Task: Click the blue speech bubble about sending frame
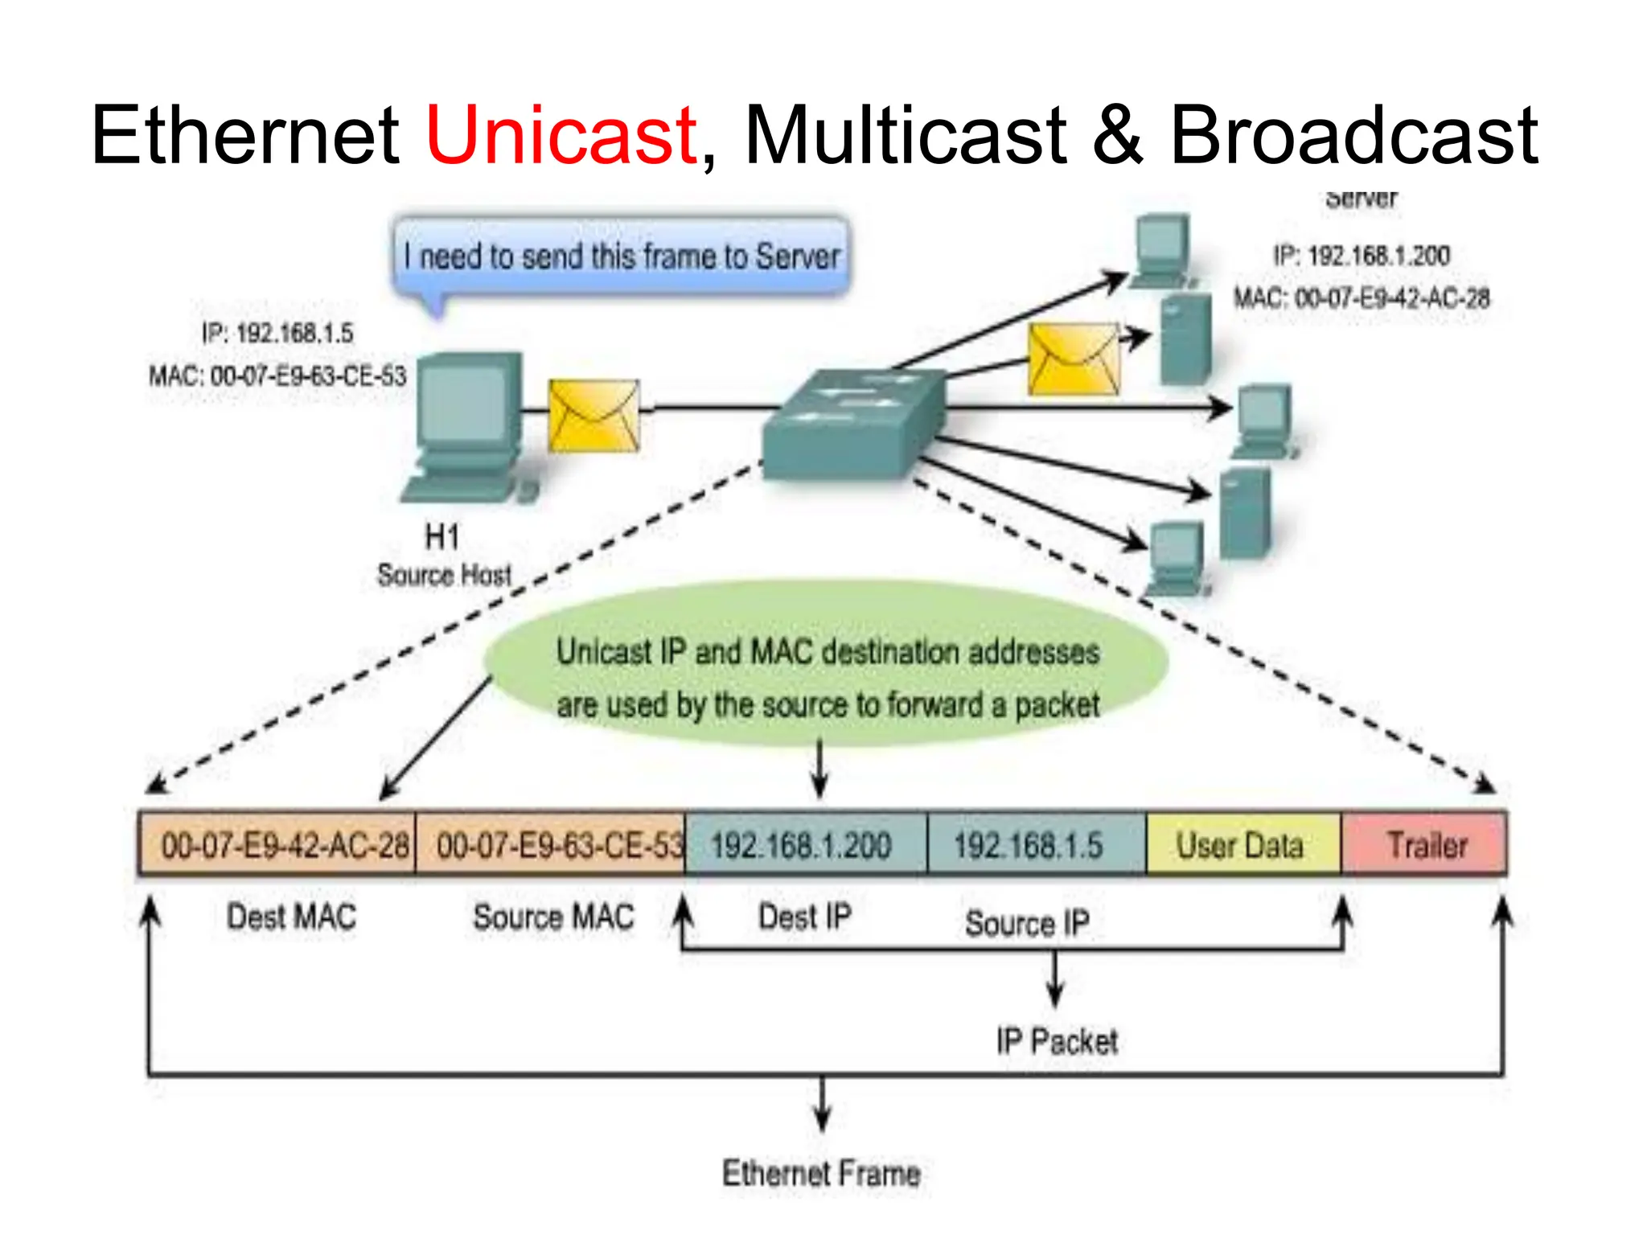pos(621,256)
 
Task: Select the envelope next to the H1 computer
pos(593,416)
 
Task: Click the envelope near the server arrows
pos(1074,359)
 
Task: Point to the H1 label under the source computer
pos(442,536)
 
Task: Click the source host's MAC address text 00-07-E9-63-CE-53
pos(277,375)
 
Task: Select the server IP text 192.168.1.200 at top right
pos(1362,256)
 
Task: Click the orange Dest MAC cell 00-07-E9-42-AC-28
pos(278,844)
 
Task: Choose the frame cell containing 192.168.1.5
pos(1036,844)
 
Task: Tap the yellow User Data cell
pos(1242,844)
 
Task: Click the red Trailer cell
pos(1425,844)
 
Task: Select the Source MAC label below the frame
pos(553,917)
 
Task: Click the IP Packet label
pos(1056,1041)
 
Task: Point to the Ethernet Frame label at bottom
pos(821,1173)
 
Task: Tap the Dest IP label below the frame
pos(804,917)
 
